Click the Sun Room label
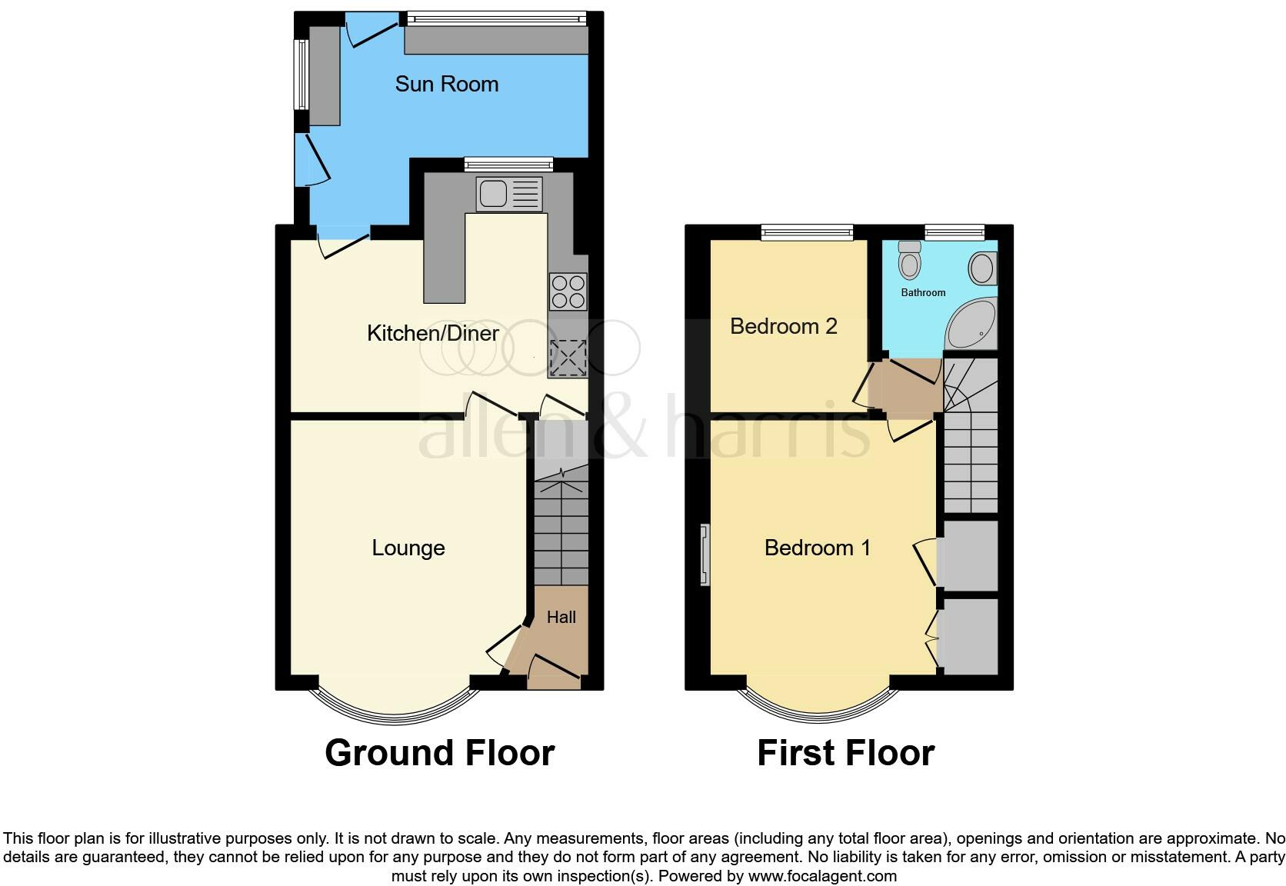(446, 84)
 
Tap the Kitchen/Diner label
(432, 333)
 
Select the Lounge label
(408, 548)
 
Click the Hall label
(561, 617)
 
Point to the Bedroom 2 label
(783, 326)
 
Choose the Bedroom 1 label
(817, 548)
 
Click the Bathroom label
(923, 292)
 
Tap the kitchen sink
(508, 193)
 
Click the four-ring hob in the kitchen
(568, 291)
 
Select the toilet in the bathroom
(910, 260)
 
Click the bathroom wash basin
(981, 269)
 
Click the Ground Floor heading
(439, 752)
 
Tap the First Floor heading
(845, 752)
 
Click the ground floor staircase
(561, 531)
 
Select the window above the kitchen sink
(508, 163)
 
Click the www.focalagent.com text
(821, 875)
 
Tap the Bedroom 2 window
(807, 232)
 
